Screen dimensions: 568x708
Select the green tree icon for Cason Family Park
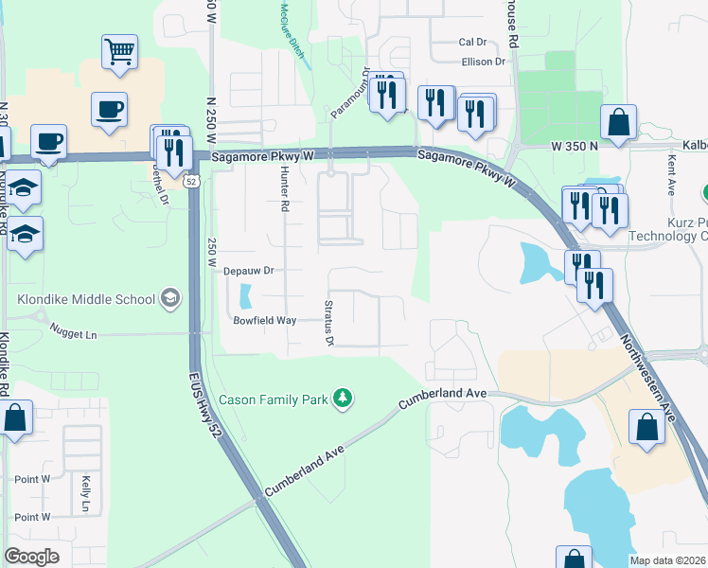tap(344, 399)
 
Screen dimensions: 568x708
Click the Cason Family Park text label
tap(273, 399)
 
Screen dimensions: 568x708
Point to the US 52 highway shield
tap(191, 181)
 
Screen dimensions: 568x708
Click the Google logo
tap(31, 557)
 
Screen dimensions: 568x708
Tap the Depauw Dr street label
tap(248, 271)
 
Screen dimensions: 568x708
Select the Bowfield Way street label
tap(266, 321)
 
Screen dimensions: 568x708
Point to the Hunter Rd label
tap(283, 189)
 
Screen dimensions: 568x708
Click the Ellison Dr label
tap(484, 62)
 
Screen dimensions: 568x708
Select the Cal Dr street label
tap(471, 43)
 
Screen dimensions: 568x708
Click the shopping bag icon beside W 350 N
tap(618, 123)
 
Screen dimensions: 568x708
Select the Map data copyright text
tap(668, 560)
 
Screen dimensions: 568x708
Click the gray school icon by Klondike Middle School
tap(169, 299)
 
